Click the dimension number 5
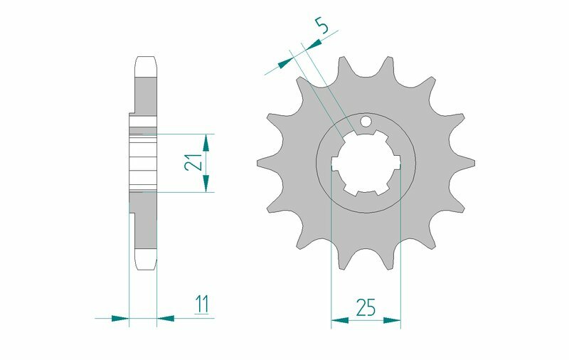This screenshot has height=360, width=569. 322,28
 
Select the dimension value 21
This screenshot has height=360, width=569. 192,163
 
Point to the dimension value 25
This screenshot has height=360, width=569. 366,307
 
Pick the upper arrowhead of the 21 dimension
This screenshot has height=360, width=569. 206,142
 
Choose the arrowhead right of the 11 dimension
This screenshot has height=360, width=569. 166,318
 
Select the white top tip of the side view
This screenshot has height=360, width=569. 144,65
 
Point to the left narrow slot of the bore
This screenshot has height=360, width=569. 335,167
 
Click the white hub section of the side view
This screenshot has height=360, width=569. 142,163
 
